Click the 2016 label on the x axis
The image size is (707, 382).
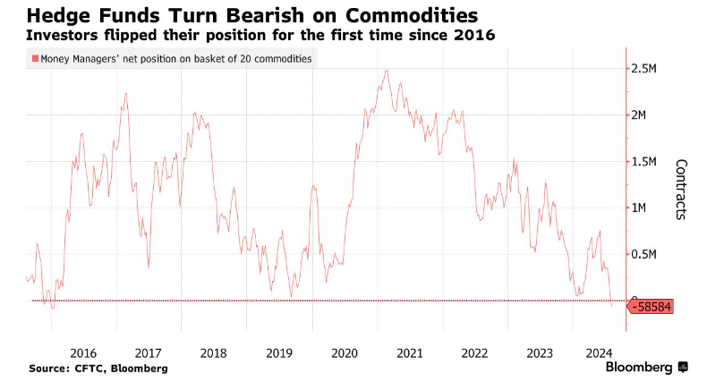pos(82,352)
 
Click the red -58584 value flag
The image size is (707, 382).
pos(652,307)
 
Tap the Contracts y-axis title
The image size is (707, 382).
pos(680,190)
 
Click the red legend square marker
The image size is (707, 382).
pos(35,59)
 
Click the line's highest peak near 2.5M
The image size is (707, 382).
pos(387,71)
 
